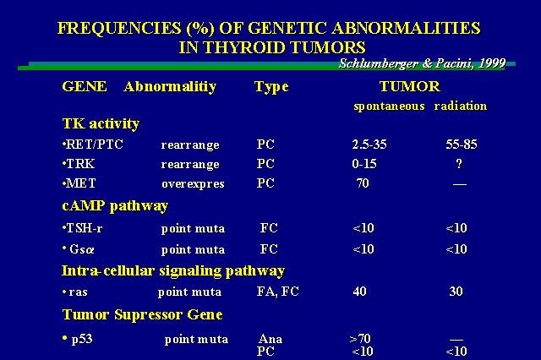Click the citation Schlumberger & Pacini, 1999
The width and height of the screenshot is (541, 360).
[423, 63]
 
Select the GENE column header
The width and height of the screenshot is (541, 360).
[85, 86]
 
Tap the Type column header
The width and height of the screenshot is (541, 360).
[271, 87]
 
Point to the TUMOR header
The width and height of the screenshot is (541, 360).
[409, 86]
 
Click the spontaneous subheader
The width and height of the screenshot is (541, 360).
[389, 106]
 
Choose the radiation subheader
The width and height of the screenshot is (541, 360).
[460, 106]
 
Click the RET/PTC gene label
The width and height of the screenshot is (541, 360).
[93, 145]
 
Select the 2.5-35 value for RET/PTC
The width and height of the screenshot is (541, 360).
[369, 145]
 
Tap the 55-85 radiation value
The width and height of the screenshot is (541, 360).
[462, 145]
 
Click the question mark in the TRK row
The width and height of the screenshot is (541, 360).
[459, 163]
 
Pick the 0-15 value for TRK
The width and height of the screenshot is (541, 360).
[364, 163]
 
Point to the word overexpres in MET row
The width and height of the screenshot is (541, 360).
[193, 184]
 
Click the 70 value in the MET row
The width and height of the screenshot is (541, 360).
[363, 183]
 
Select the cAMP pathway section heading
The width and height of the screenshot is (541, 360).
[115, 206]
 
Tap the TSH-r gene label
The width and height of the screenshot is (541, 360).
[83, 228]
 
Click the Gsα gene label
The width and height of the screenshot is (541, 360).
[79, 249]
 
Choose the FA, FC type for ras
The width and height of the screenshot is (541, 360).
[278, 292]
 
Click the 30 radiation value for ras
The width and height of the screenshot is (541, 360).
[456, 292]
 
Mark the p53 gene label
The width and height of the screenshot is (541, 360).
[78, 340]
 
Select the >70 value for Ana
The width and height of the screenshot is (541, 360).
[360, 339]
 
